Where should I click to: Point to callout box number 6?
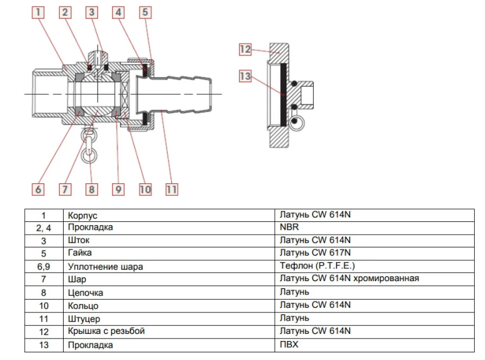[x=38, y=189]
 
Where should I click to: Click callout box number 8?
[x=92, y=189]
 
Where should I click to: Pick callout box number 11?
[x=171, y=189]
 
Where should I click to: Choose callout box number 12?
[x=246, y=49]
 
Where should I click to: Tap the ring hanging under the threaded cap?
[x=295, y=123]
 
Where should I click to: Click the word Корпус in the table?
[x=82, y=216]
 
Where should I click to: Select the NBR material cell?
[x=289, y=227]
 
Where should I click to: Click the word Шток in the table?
[x=78, y=241]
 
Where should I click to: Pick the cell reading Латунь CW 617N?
[x=315, y=253]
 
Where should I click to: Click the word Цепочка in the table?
[x=85, y=293]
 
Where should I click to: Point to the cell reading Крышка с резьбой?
[x=106, y=331]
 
